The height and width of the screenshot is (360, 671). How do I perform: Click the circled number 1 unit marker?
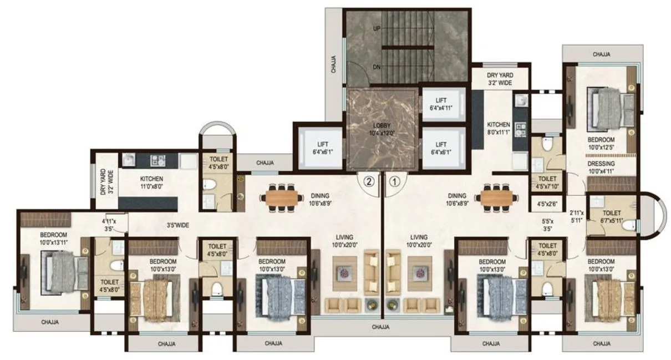tap(394, 180)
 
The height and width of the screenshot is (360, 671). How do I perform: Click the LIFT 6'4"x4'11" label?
tap(441, 104)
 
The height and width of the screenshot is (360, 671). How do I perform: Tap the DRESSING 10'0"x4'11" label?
tap(601, 168)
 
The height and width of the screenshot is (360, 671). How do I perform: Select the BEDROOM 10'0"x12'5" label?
tap(601, 143)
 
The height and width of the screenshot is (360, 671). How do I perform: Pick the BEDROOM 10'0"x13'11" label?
tap(53, 239)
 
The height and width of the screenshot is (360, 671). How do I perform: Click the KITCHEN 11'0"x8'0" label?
tap(151, 182)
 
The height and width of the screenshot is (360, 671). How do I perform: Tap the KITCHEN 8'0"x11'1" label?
tap(499, 128)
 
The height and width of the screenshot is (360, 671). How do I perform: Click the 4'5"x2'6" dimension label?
tap(547, 204)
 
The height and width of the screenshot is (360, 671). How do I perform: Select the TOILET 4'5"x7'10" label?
tap(547, 182)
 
